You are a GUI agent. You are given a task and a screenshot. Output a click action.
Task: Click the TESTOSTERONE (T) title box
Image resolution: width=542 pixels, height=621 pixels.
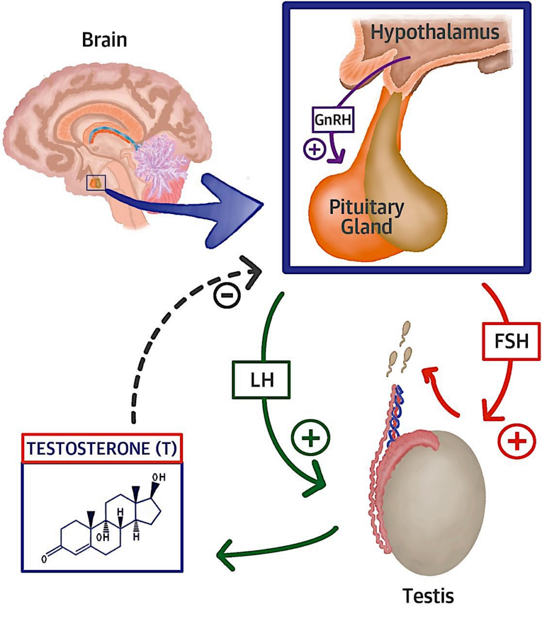coord(102,448)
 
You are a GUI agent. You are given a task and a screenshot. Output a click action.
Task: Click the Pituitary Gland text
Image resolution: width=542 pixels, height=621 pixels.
coord(366,217)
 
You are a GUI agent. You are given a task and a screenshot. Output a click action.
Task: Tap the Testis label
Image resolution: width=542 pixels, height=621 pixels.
coord(429,596)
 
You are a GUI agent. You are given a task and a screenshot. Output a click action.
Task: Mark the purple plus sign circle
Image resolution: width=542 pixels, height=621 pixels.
coord(315,149)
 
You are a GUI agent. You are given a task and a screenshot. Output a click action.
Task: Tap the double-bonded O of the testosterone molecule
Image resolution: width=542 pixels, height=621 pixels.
coord(44,559)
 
